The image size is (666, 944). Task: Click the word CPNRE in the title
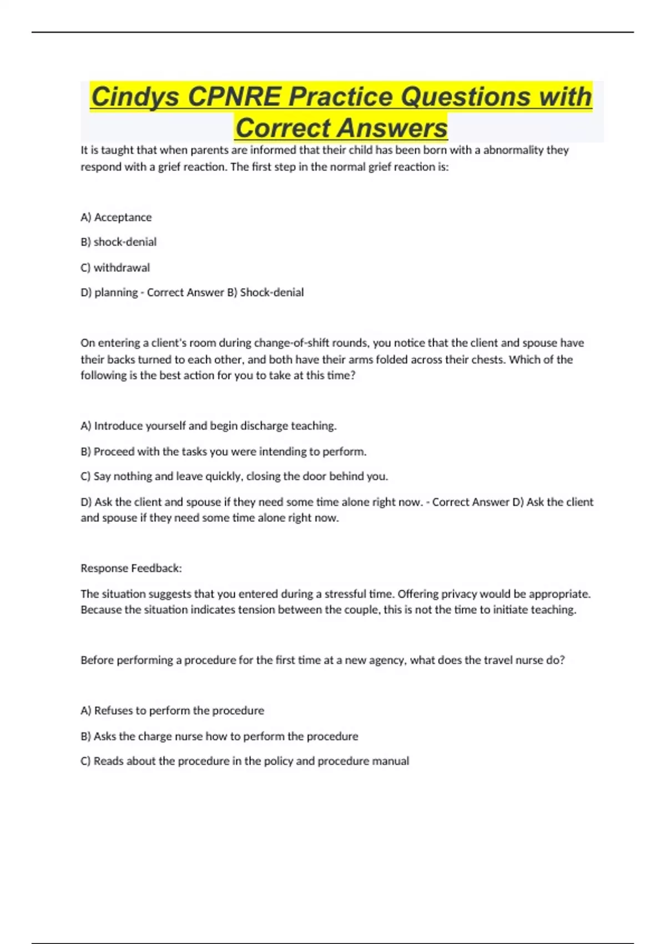[234, 97]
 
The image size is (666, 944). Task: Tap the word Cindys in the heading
[135, 97]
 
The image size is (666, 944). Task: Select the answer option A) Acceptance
[116, 217]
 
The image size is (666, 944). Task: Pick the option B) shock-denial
[118, 242]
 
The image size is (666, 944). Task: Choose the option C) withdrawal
[115, 268]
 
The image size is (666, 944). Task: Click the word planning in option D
[116, 293]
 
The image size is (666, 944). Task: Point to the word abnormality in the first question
[512, 150]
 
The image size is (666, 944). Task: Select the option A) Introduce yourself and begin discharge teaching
[209, 426]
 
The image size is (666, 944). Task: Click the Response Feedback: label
[131, 568]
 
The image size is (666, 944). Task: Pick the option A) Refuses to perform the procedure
[172, 711]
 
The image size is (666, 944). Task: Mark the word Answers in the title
[395, 128]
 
